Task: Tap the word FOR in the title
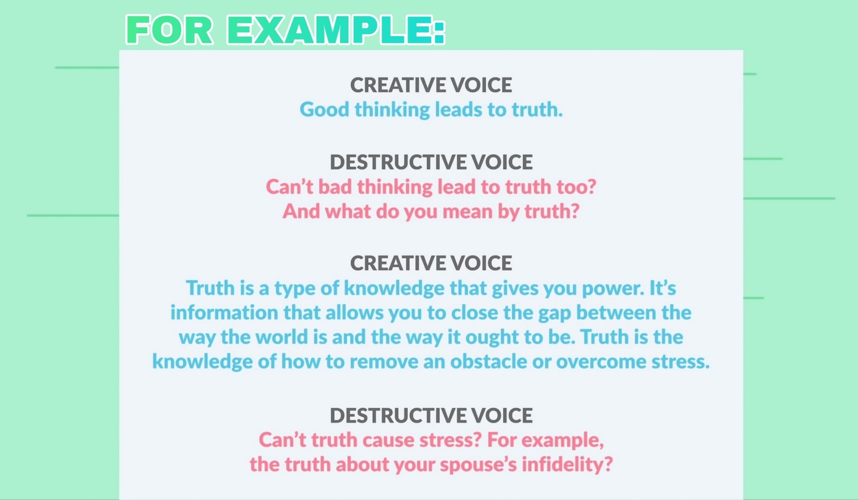tap(169, 30)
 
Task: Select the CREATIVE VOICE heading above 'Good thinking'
tap(431, 85)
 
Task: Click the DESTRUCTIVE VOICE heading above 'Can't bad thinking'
tap(431, 162)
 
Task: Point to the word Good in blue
tap(324, 110)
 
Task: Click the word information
tap(224, 312)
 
